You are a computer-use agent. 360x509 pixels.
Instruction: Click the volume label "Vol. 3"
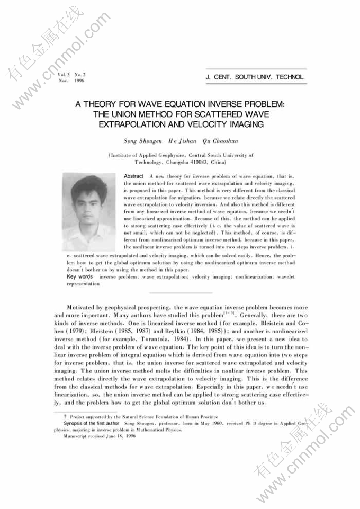point(65,75)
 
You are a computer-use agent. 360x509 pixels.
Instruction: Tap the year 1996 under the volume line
point(79,81)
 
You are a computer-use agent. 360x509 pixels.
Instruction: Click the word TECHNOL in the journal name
point(291,77)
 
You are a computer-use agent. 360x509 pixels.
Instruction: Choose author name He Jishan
point(183,141)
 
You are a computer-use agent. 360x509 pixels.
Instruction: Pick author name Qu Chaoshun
point(221,141)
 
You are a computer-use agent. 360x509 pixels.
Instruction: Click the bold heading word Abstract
point(133,176)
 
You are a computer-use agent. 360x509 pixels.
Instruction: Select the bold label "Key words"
point(79,277)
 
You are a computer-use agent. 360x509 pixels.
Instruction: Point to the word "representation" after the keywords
point(83,284)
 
